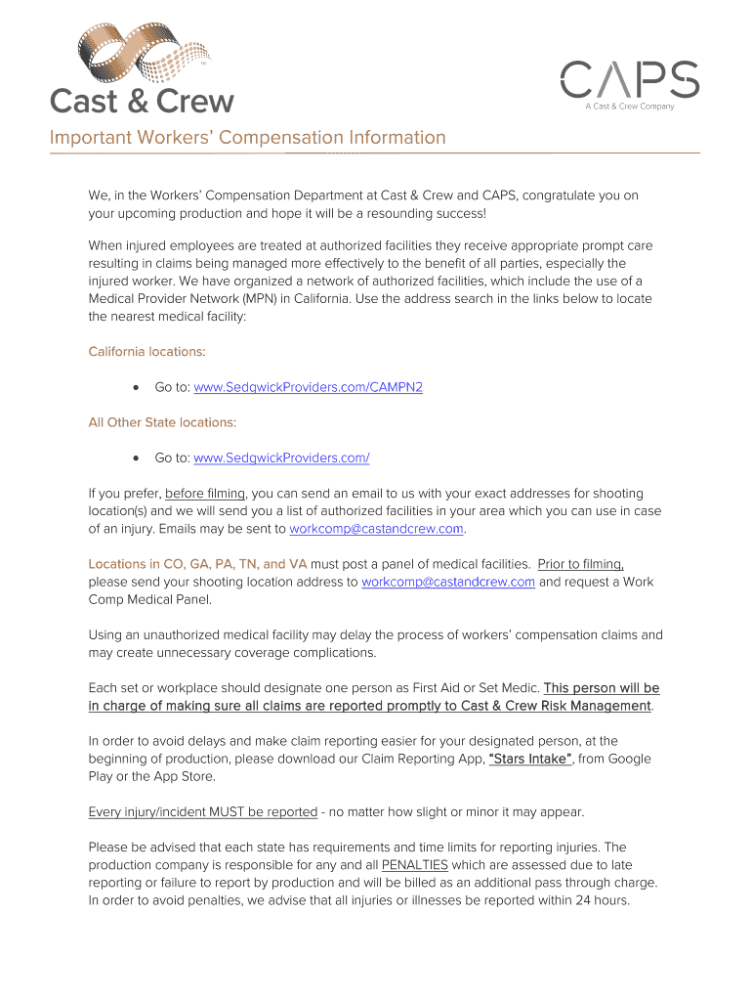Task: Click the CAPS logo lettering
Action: click(x=629, y=79)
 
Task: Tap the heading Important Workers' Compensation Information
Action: click(x=248, y=138)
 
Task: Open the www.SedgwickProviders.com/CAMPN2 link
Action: click(x=309, y=387)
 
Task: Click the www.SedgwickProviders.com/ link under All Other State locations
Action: click(x=281, y=457)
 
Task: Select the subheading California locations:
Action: click(x=146, y=352)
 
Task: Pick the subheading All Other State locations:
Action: click(x=162, y=422)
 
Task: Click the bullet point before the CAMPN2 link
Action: click(x=135, y=388)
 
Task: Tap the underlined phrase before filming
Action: click(x=205, y=494)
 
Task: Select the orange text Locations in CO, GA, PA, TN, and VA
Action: click(x=197, y=564)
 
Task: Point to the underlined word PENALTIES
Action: click(x=415, y=865)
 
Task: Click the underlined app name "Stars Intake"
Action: click(x=529, y=759)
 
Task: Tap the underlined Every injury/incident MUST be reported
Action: click(x=203, y=811)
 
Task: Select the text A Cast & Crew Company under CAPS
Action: click(x=630, y=107)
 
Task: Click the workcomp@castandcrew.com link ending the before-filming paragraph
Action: click(x=377, y=529)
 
